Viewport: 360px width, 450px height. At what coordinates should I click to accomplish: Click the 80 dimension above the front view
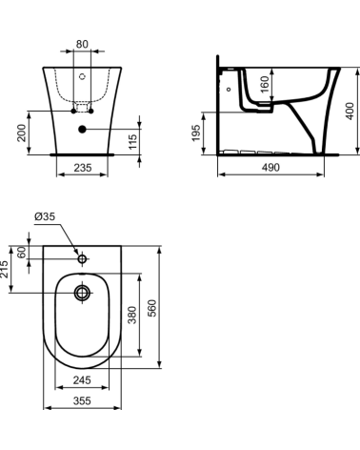click(83, 43)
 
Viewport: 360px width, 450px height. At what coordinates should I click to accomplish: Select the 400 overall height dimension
click(350, 112)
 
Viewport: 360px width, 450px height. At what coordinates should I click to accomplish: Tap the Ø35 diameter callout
click(44, 217)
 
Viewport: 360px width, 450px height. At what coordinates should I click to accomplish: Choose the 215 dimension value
click(7, 269)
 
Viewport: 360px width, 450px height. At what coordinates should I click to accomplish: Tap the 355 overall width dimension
click(82, 400)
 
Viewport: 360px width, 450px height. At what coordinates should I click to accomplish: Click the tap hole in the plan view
click(83, 258)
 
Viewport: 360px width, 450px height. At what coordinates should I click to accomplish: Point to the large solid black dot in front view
click(83, 128)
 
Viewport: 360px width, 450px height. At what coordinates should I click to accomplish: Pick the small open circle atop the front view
click(83, 74)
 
